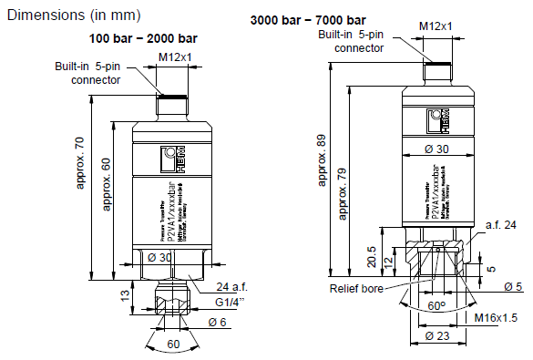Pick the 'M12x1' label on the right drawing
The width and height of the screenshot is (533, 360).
[x=437, y=26]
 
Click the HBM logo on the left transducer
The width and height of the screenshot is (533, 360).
[x=172, y=155]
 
